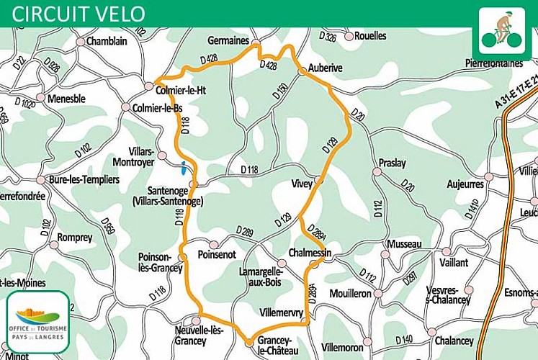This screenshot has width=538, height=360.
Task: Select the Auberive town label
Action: click(325, 67)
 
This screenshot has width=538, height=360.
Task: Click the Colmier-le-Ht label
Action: click(181, 90)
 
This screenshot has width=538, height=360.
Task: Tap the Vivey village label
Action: click(301, 184)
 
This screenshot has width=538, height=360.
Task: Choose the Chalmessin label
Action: click(309, 253)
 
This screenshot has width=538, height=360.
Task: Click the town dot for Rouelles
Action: click(349, 36)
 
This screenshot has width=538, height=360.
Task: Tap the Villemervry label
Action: click(282, 312)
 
